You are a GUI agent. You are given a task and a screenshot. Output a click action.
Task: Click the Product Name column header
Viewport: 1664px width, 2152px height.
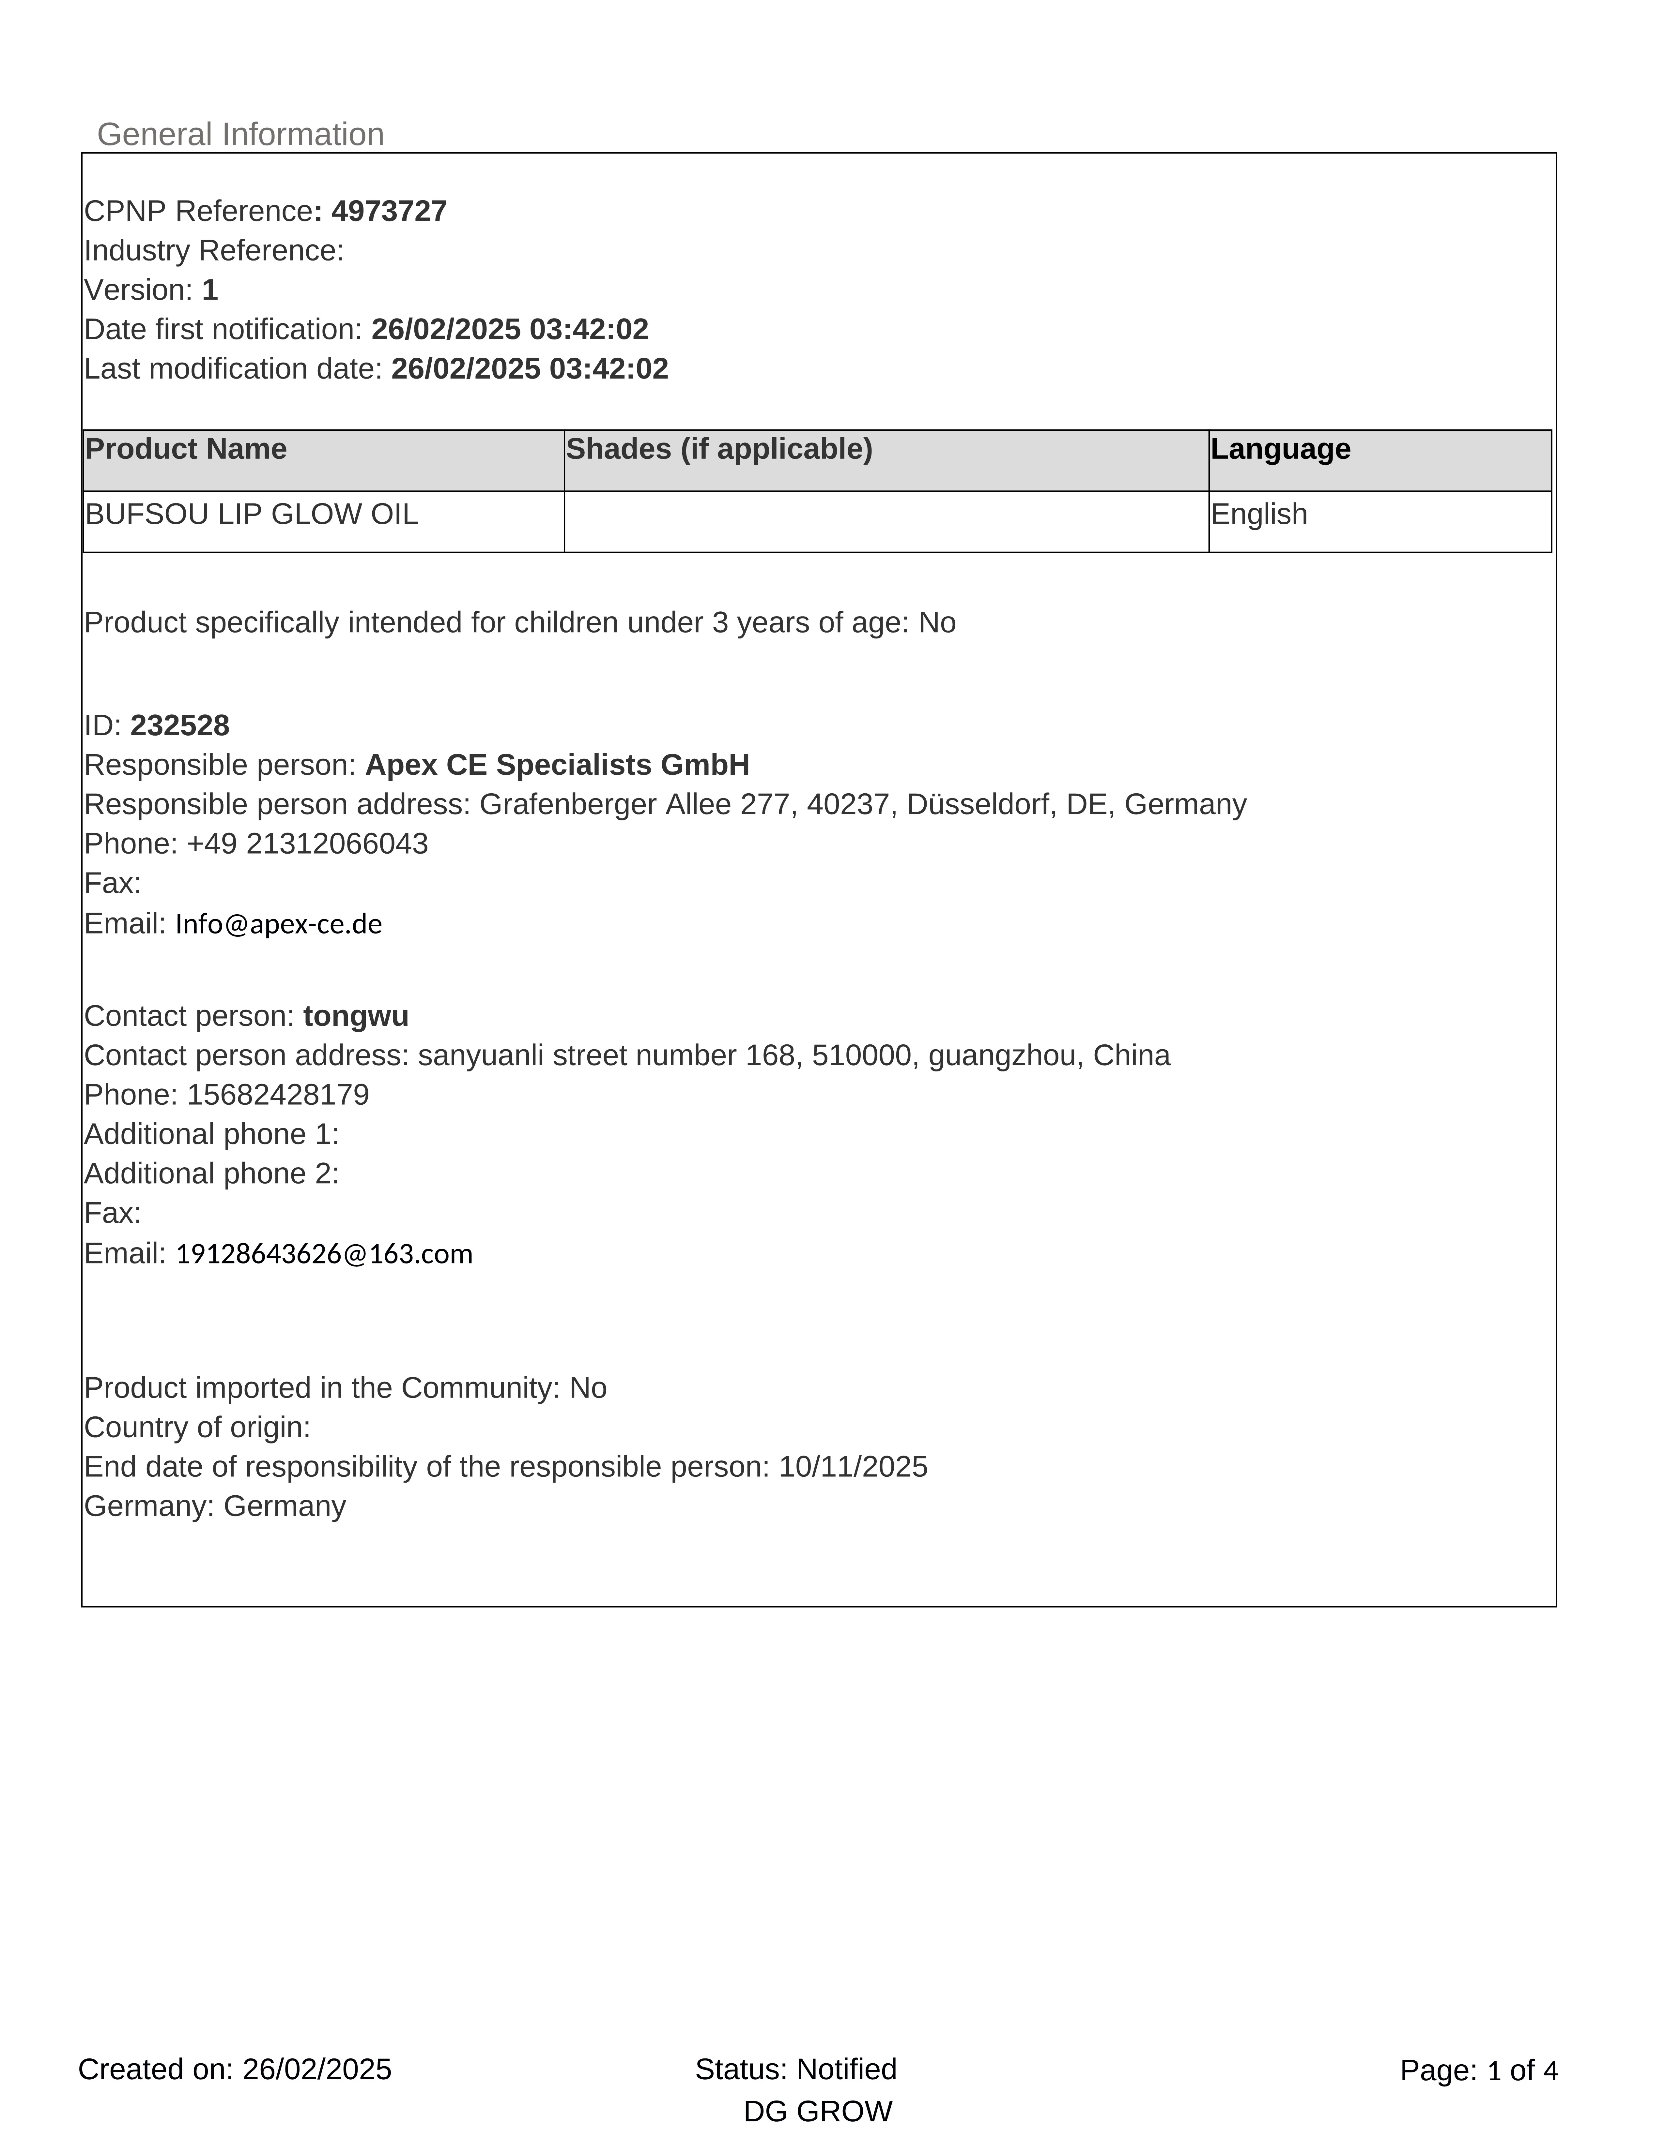tap(186, 449)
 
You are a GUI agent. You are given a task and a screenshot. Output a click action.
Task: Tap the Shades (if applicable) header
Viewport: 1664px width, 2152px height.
tap(719, 449)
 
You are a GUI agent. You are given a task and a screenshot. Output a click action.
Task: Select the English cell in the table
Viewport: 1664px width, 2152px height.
tap(1259, 514)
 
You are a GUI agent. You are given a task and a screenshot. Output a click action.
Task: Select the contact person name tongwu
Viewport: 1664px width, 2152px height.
tap(356, 1016)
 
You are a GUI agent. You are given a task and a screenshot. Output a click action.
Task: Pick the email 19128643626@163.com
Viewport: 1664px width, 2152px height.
tap(324, 1254)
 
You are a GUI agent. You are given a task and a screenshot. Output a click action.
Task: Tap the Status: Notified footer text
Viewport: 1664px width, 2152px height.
tap(795, 2069)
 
